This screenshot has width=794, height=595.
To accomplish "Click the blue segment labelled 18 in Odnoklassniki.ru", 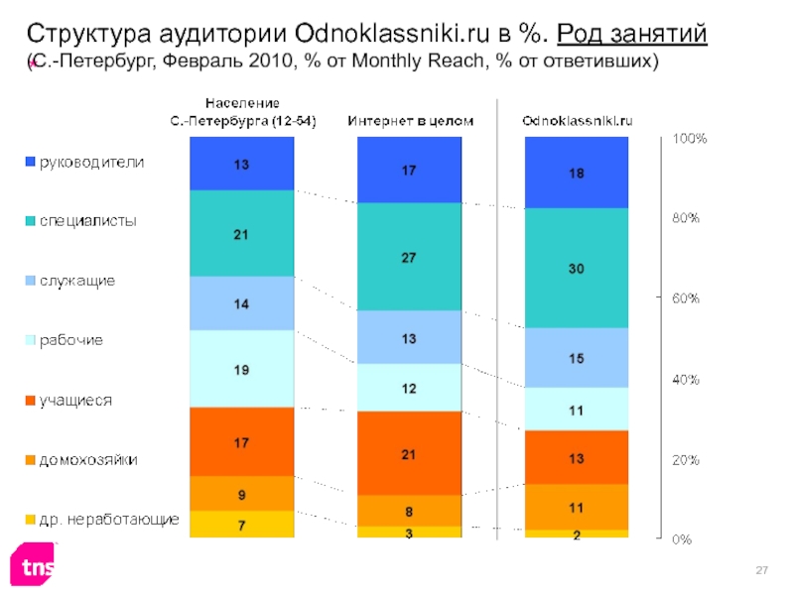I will click(x=577, y=173).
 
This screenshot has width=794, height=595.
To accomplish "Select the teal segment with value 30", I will click(x=577, y=268).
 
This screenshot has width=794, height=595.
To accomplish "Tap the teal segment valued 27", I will click(x=408, y=257).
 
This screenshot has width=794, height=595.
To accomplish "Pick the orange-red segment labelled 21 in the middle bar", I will click(x=408, y=453).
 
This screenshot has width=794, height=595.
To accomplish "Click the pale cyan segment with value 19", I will click(x=242, y=369).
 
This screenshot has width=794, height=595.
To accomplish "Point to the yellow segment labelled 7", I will click(x=242, y=524).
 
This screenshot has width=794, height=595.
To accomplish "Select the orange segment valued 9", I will click(x=242, y=493).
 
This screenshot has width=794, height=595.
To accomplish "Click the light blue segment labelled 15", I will click(x=577, y=357).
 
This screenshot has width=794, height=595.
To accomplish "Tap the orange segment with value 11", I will click(x=577, y=507).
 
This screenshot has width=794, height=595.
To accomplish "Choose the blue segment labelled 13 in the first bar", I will click(x=242, y=164).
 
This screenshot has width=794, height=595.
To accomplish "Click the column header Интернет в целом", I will click(x=410, y=121).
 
